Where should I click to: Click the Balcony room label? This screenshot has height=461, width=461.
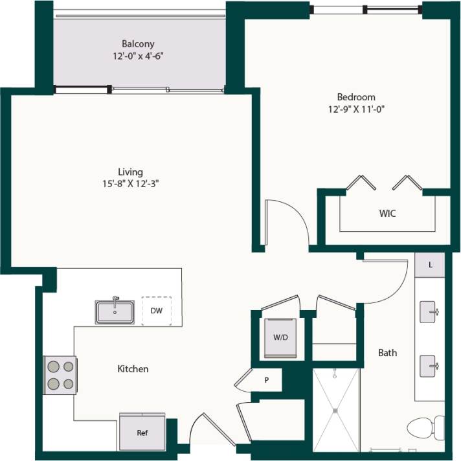coord(138,44)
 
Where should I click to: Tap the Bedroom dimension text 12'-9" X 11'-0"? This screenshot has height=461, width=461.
coord(356,109)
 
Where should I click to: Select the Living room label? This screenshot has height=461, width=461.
coord(130,172)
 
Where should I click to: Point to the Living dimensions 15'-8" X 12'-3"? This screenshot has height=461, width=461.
coord(130,183)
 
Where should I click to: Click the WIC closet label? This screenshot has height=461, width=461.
coord(387,213)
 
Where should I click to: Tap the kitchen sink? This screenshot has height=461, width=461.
coord(115,311)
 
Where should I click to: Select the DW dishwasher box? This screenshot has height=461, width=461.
coord(156,311)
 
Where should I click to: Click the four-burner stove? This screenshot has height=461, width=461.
coord(60,375)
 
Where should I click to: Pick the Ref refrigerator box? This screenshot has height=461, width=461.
coord(141,432)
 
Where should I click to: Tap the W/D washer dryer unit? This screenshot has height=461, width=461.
coord(280,337)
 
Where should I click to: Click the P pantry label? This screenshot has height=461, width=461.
coord(266,380)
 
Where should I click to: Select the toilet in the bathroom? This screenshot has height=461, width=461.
coord(425,428)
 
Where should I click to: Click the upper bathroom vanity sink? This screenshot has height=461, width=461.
coord(429,312)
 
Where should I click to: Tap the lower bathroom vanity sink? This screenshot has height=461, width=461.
coord(429,366)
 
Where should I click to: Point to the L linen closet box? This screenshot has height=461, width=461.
coord(430,265)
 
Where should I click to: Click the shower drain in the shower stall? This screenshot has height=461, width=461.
coord(335,409)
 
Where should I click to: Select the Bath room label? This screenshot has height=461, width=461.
coord(387,353)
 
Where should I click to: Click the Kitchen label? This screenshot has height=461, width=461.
coord(133,369)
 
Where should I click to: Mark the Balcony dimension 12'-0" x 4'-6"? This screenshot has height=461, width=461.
coord(138,56)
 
